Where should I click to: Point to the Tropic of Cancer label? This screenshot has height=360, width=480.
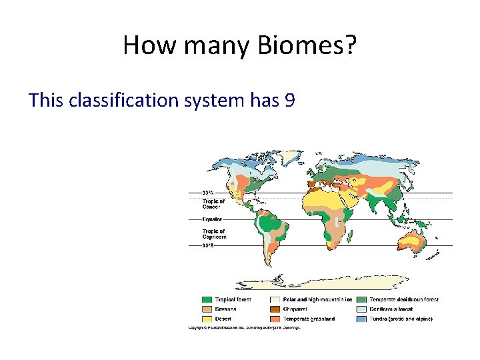coord(213,204)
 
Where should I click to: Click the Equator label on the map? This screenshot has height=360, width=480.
coord(213,219)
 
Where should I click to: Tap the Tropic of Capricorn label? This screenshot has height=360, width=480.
coord(214,234)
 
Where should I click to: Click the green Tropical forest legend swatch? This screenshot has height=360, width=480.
coord(208,300)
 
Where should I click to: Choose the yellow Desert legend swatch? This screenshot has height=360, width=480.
coord(208,319)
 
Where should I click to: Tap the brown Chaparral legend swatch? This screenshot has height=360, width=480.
coord(275,309)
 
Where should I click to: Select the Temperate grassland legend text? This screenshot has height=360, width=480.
coord(309,319)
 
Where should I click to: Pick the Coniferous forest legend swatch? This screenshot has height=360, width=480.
coord(361,309)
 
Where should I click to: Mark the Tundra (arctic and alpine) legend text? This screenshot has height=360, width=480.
coord(401,319)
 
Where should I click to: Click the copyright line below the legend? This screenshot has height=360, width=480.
coord(245,328)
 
